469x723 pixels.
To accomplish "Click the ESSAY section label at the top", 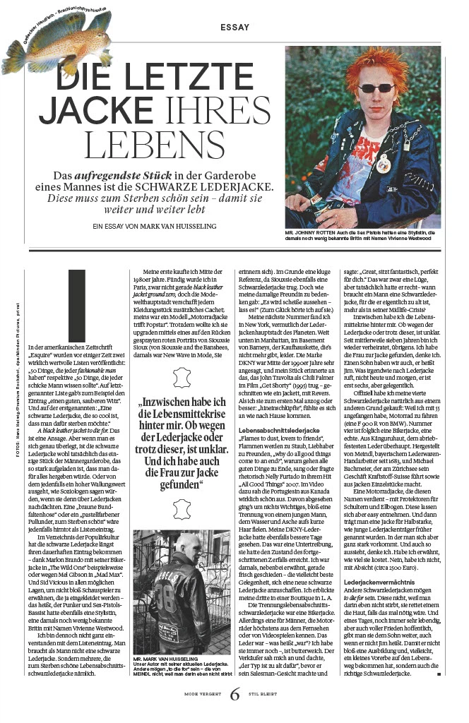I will point(234,28).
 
